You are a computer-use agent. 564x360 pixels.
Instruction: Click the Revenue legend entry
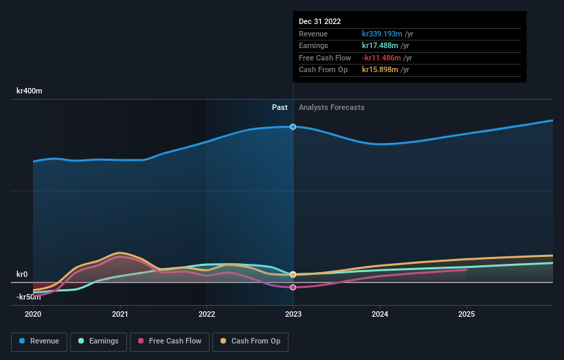[x=38, y=341]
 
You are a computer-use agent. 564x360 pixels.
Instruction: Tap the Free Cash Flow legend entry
[x=170, y=341]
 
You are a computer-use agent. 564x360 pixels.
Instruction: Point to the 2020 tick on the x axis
[x=33, y=315]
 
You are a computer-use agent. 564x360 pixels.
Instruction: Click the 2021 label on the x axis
[x=120, y=315]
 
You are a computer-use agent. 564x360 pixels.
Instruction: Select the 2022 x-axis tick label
[x=207, y=315]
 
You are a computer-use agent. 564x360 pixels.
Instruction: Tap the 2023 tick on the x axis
[x=293, y=315]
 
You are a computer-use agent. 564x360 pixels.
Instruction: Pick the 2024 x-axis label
[x=380, y=315]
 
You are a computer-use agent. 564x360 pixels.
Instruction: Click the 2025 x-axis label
[x=466, y=315]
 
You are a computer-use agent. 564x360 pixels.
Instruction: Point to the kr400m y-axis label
[x=30, y=91]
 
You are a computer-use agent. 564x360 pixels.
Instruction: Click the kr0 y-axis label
[x=22, y=274]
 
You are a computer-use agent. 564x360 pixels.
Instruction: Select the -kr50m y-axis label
[x=28, y=297]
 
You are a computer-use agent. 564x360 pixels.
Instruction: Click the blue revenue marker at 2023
[x=293, y=127]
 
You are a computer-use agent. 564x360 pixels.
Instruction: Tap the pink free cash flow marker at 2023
[x=293, y=287]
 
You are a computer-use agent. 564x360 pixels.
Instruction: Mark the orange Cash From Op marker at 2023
[x=293, y=274]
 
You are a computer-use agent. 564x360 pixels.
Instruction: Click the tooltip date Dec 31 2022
[x=319, y=22]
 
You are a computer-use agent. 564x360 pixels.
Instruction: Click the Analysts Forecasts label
[x=331, y=107]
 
